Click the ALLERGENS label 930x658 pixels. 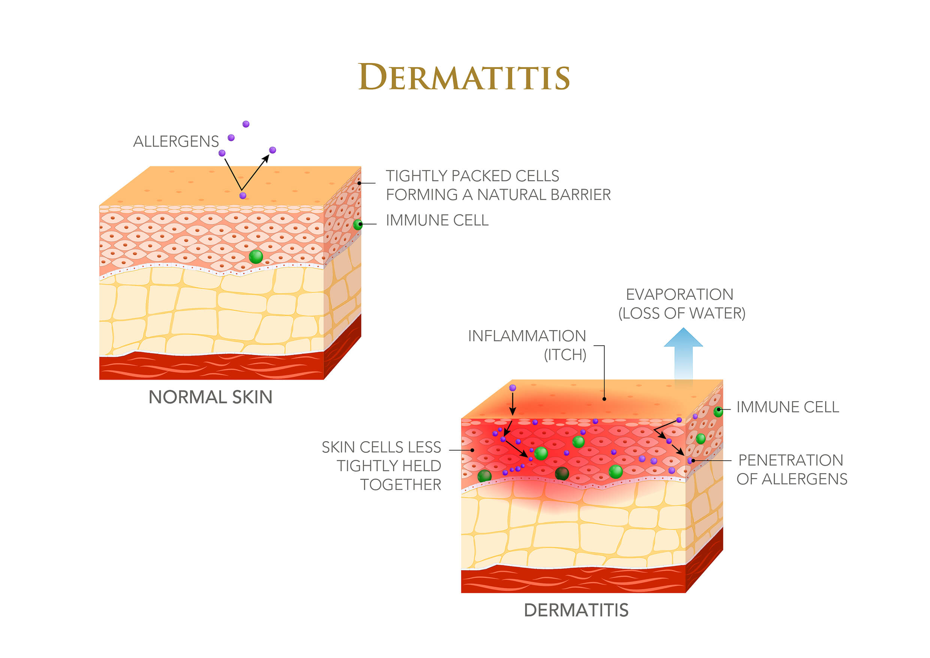(x=176, y=141)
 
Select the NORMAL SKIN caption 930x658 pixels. (x=210, y=397)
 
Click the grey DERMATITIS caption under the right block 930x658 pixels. (x=576, y=610)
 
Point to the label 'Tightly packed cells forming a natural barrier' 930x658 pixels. (x=498, y=185)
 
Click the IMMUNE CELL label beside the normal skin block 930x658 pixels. (x=437, y=220)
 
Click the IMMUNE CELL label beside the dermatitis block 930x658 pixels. (x=788, y=407)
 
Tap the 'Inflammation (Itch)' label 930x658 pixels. (x=527, y=346)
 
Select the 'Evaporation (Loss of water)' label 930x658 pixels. (x=682, y=303)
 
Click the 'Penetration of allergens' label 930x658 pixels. (x=791, y=469)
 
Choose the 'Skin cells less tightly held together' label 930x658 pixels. (x=381, y=466)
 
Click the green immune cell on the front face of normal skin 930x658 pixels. (x=256, y=257)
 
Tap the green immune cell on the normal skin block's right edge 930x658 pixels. (x=358, y=225)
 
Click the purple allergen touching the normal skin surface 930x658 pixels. (x=243, y=196)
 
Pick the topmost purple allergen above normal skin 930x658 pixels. (x=246, y=124)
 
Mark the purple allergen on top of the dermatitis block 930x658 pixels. (x=512, y=388)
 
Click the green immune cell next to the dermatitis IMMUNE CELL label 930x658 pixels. (x=718, y=412)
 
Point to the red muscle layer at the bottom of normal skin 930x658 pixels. (x=211, y=367)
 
